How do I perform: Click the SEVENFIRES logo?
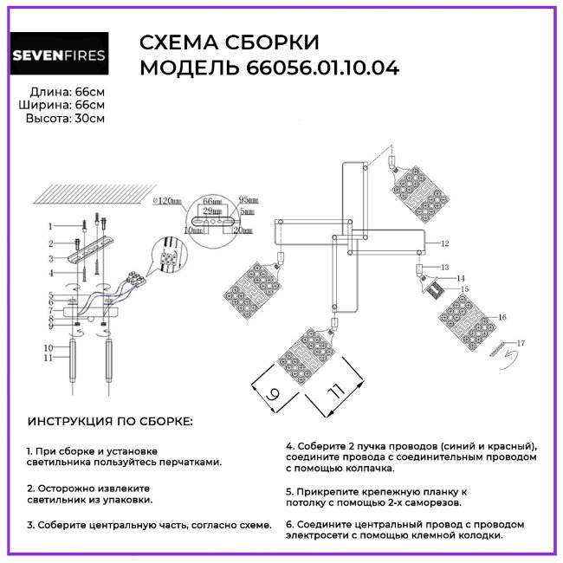pyautogui.click(x=59, y=57)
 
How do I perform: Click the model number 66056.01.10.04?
pyautogui.click(x=335, y=69)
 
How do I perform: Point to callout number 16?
pyautogui.click(x=502, y=318)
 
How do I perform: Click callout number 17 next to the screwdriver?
pyautogui.click(x=521, y=344)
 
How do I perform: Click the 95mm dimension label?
pyautogui.click(x=247, y=199)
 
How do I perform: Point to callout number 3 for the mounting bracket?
pyautogui.click(x=50, y=258)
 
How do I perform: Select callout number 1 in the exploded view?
pyautogui.click(x=50, y=225)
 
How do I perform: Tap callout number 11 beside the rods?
pyautogui.click(x=50, y=357)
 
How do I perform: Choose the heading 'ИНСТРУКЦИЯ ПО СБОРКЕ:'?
pyautogui.click(x=111, y=422)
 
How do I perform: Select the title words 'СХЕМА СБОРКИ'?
pyautogui.click(x=229, y=43)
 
